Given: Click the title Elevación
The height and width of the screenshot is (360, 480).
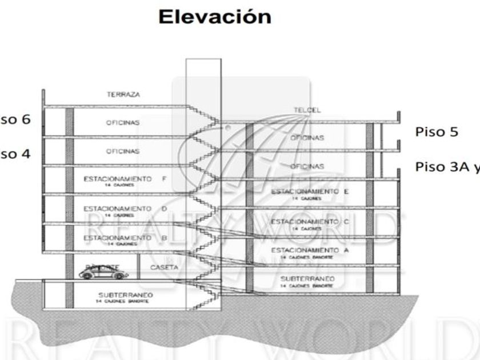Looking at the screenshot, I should [x=215, y=17].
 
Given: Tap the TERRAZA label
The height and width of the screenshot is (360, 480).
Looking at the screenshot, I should [x=123, y=95].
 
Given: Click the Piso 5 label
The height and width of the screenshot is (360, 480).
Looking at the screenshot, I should [x=437, y=132].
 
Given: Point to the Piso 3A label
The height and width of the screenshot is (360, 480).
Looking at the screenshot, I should [x=440, y=167].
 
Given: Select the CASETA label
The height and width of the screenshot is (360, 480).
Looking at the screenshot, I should [x=164, y=267].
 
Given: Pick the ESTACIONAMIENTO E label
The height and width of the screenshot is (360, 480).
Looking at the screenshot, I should [x=309, y=192].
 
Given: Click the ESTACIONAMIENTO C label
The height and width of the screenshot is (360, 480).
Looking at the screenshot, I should [x=309, y=221].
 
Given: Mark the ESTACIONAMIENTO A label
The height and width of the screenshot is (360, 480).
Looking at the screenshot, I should [x=309, y=250].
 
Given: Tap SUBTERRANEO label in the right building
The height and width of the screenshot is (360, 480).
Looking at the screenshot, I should [x=307, y=278].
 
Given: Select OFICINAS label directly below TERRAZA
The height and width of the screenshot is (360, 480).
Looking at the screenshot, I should [x=123, y=123].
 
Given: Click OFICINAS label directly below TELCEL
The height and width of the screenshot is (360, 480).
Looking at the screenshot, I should [x=307, y=138].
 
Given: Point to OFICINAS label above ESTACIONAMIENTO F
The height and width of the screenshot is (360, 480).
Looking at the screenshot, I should [x=123, y=151].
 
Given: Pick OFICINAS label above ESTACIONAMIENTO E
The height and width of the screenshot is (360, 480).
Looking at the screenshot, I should [x=307, y=166].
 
